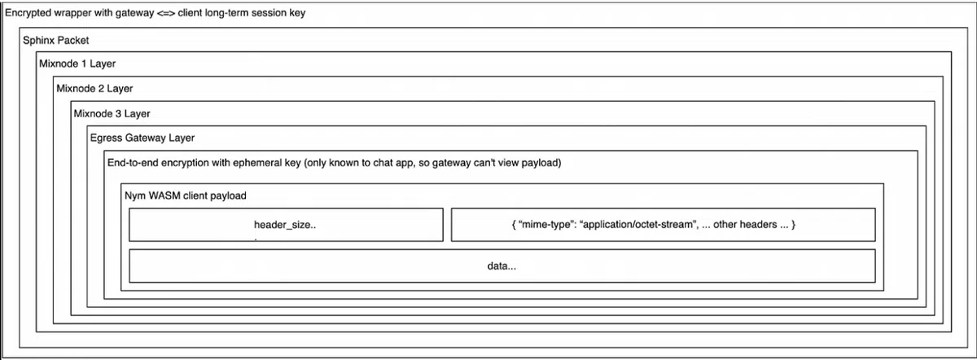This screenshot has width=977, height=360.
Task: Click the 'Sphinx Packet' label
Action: tap(55, 41)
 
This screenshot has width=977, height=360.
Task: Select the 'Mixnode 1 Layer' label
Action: tap(77, 64)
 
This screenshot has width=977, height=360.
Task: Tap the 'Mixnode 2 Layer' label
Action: tap(94, 88)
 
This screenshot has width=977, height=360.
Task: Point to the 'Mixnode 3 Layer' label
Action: tap(112, 113)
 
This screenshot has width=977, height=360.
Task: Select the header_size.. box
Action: tap(286, 225)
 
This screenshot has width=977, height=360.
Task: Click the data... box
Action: tap(502, 266)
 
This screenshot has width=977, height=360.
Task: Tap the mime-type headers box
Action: tap(663, 225)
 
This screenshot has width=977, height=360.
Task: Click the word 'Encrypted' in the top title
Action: tap(28, 14)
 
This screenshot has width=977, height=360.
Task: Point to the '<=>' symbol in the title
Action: tap(165, 14)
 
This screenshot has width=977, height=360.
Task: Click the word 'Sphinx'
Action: tap(38, 41)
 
